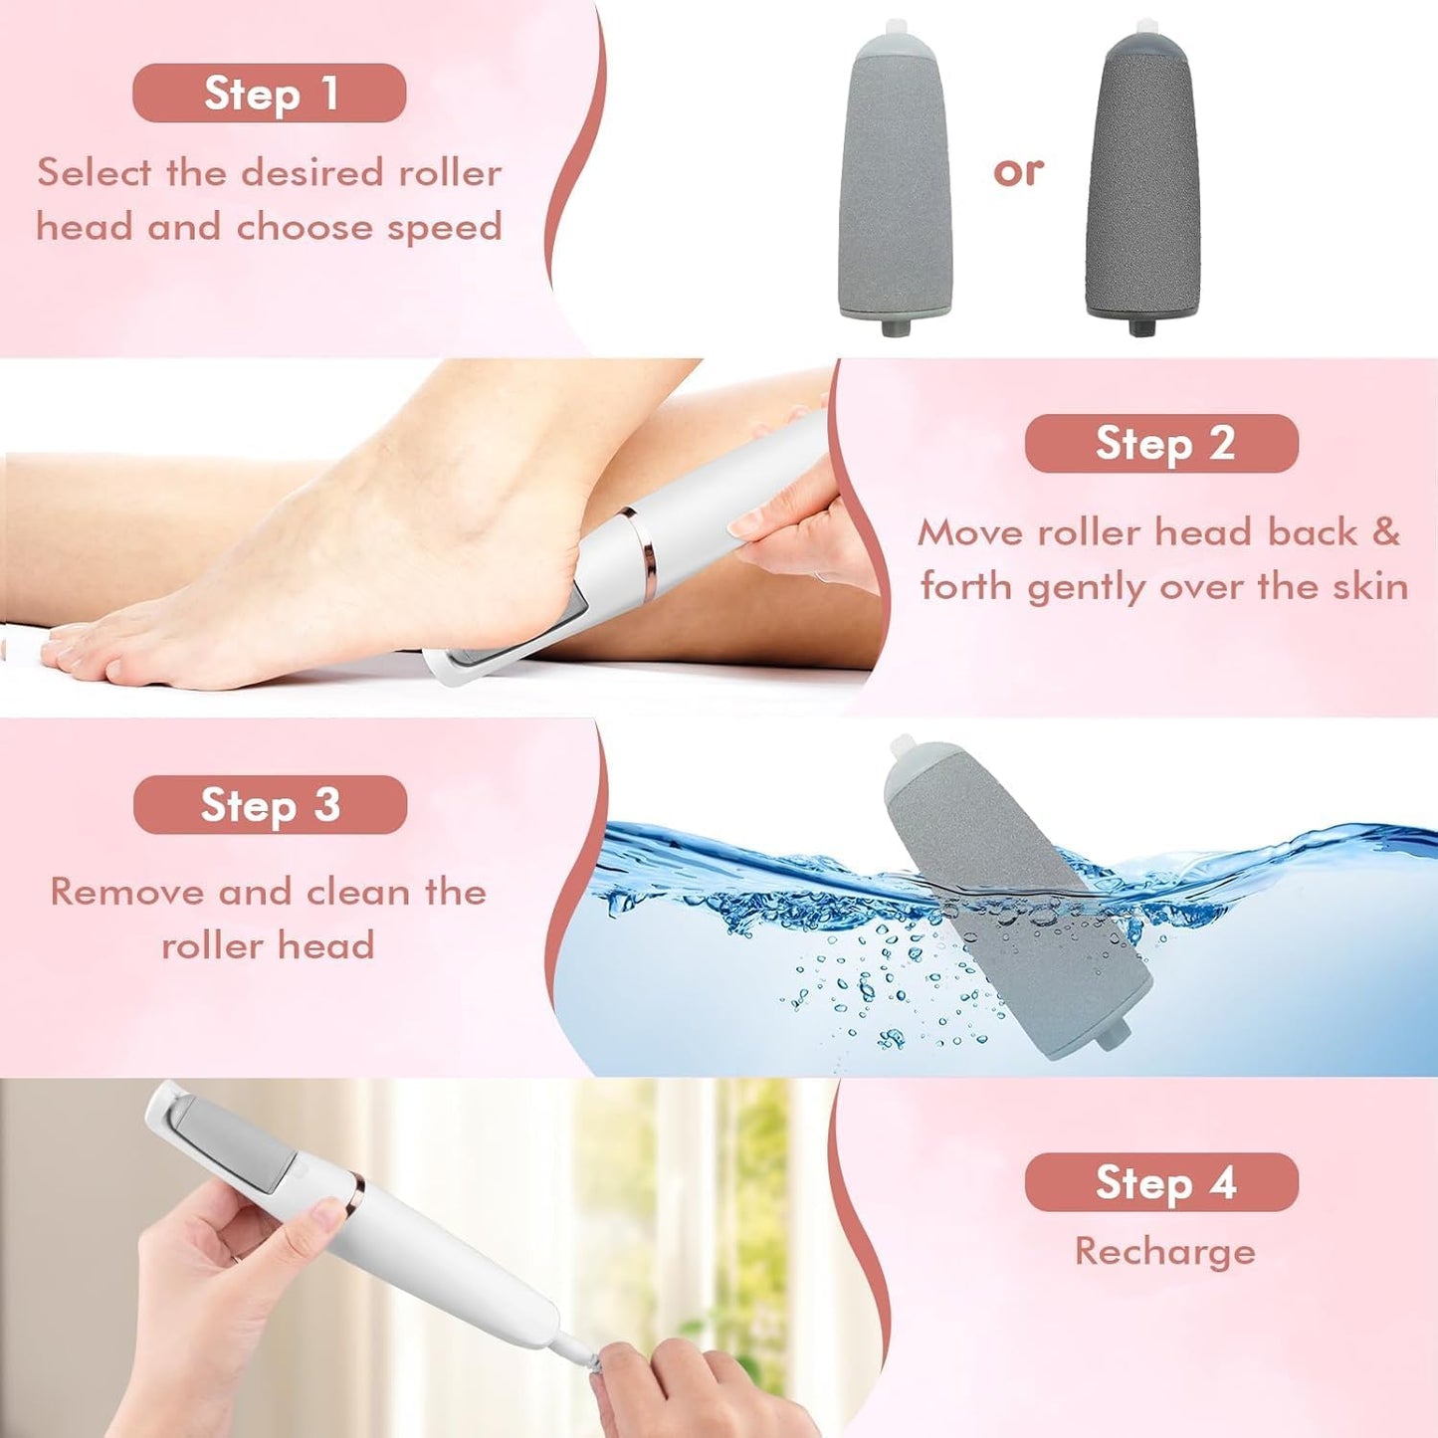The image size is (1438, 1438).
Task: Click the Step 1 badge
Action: click(x=269, y=94)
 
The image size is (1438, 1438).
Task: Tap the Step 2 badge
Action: click(x=1161, y=444)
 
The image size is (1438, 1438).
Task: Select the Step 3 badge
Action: click(x=270, y=805)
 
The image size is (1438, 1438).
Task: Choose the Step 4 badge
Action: click(x=1161, y=1182)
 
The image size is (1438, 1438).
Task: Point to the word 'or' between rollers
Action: click(x=1018, y=171)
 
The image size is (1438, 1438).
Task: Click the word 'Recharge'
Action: click(x=1164, y=1251)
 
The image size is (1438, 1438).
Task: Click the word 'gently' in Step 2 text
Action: click(x=1087, y=587)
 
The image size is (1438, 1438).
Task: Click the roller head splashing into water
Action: click(x=1015, y=896)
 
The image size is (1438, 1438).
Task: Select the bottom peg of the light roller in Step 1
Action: click(x=890, y=325)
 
